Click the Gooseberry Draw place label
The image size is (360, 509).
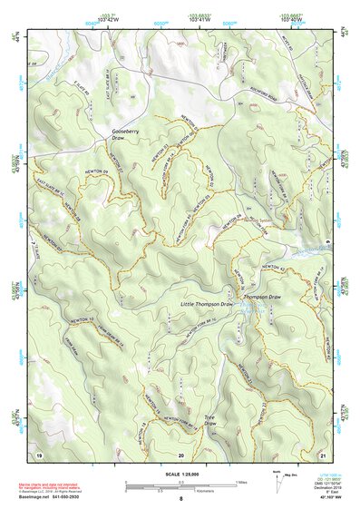point(125,136)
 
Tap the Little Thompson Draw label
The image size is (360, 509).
point(207,304)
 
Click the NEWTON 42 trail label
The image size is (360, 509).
point(273,267)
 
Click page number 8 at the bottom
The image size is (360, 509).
point(180,499)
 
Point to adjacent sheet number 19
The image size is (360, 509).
point(38,454)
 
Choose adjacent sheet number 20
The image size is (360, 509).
point(180,454)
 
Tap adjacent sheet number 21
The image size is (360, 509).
point(323,454)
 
